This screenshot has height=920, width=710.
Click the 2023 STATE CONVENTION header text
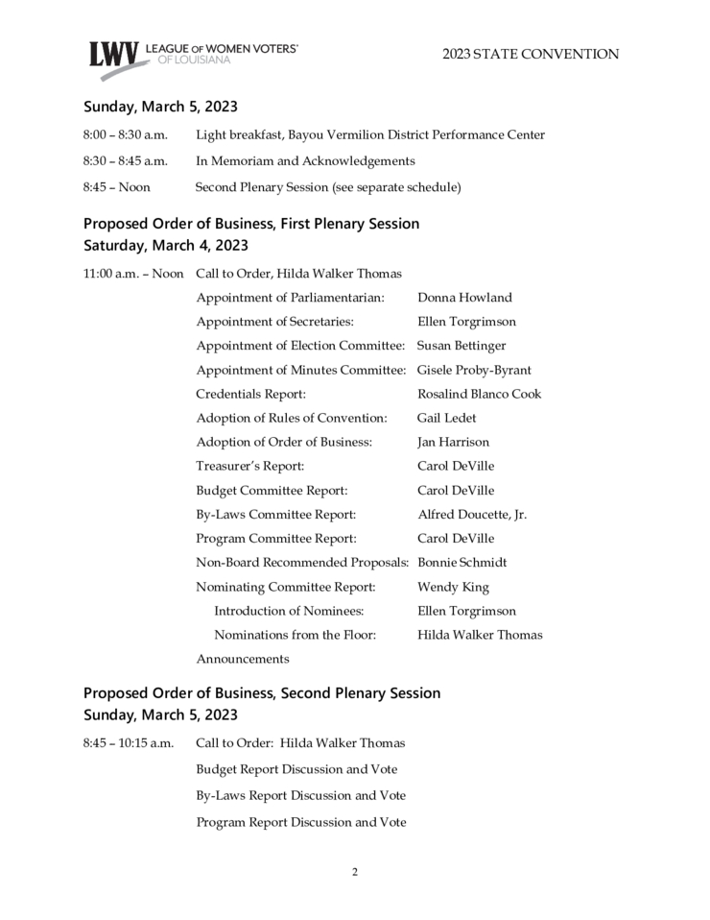tap(531, 55)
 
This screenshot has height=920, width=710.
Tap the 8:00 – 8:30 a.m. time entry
tap(126, 134)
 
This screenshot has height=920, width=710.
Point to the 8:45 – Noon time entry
tap(117, 187)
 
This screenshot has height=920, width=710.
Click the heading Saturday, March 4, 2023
tap(166, 246)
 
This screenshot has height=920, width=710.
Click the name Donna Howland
tap(464, 298)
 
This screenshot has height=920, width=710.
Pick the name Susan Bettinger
tap(461, 346)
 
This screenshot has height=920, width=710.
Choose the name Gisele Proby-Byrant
tap(474, 370)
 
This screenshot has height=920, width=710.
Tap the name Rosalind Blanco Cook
tap(479, 394)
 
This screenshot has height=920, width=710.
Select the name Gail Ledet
tap(446, 418)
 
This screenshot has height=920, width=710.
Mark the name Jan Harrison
tap(453, 442)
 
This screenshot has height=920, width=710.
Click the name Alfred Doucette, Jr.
tap(472, 515)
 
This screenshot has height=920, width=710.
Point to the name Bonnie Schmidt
tap(461, 563)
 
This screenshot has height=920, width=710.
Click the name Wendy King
tap(453, 587)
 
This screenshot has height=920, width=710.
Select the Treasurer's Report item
tap(249, 466)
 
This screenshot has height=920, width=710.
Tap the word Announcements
tap(243, 659)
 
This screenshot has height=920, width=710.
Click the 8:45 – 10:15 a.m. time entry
tap(129, 743)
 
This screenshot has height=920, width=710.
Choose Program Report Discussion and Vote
tap(300, 822)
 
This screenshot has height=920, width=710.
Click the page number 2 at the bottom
tap(355, 872)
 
